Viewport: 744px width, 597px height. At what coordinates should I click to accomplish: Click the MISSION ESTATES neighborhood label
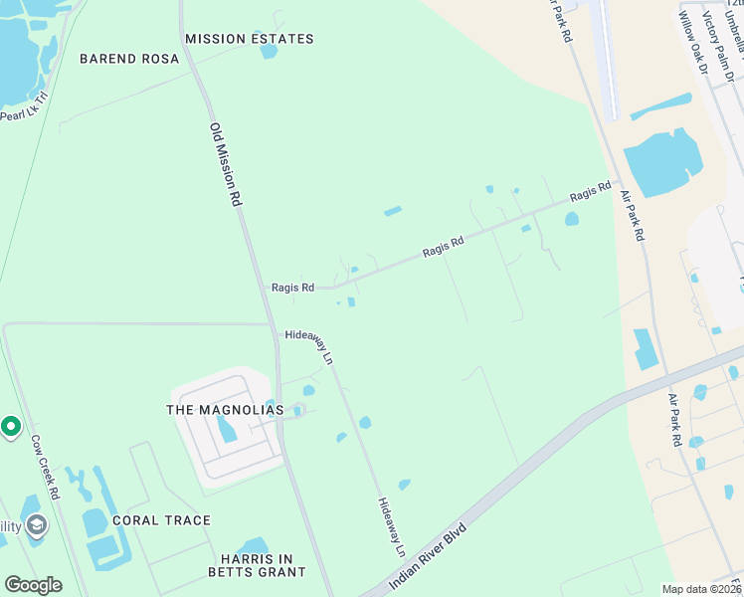pyautogui.click(x=249, y=39)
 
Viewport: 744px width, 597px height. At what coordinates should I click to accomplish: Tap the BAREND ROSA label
pyautogui.click(x=129, y=59)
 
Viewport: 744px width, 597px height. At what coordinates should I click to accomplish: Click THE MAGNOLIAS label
pyautogui.click(x=225, y=410)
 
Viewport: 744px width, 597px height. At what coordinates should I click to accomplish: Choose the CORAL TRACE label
pyautogui.click(x=161, y=520)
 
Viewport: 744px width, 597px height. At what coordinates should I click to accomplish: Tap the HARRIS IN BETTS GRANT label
pyautogui.click(x=257, y=564)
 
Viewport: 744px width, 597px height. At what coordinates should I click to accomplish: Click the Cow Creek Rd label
pyautogui.click(x=46, y=467)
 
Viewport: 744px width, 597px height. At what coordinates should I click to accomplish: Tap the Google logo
pyautogui.click(x=33, y=585)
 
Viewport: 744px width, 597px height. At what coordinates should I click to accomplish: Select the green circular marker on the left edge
pyautogui.click(x=10, y=427)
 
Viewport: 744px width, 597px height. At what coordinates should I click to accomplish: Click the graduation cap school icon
pyautogui.click(x=37, y=524)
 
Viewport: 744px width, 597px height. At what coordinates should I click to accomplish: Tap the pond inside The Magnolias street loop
pyautogui.click(x=227, y=429)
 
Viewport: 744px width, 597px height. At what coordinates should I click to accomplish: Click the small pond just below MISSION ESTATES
pyautogui.click(x=269, y=50)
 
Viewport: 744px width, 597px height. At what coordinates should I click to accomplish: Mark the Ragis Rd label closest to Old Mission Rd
pyautogui.click(x=292, y=288)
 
